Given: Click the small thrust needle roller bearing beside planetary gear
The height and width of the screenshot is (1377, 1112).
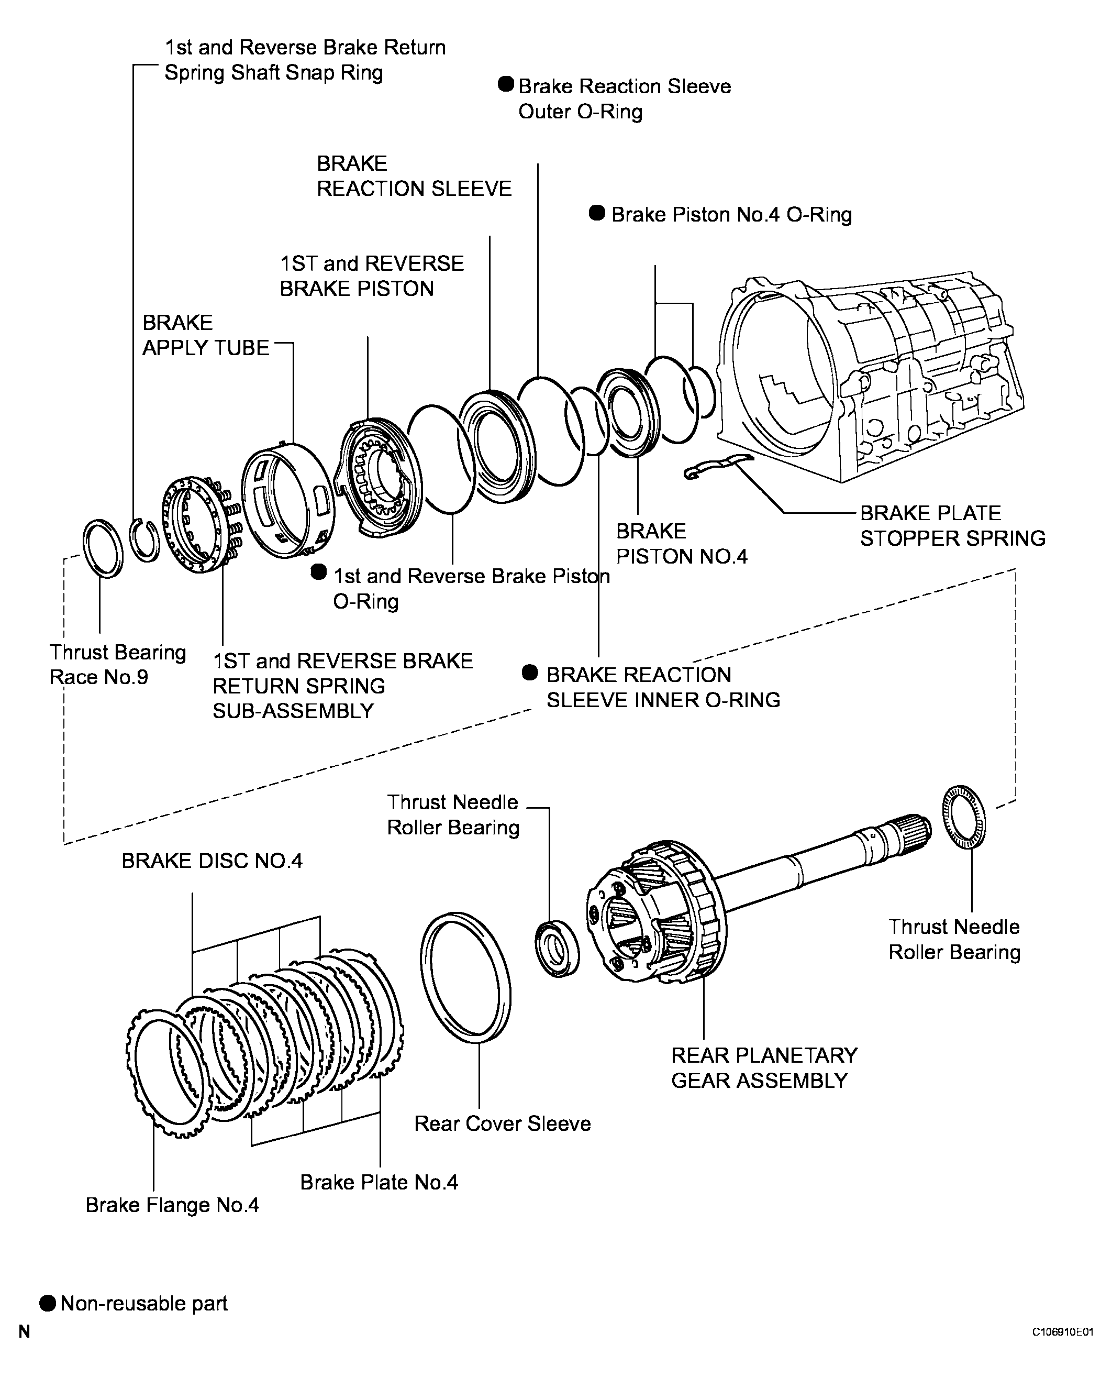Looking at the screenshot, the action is [x=556, y=949].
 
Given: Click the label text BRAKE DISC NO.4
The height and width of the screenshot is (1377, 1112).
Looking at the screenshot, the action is [x=212, y=861].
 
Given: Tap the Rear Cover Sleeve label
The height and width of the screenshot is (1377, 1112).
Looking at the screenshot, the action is [x=502, y=1123].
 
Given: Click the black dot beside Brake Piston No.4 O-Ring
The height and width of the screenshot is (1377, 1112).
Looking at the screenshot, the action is [x=597, y=213].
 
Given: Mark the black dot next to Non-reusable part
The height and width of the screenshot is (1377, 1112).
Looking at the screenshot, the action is [x=48, y=1303].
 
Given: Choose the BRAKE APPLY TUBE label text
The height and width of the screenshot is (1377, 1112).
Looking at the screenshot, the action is [x=206, y=335].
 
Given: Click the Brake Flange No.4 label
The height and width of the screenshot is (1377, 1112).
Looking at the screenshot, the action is [x=172, y=1205].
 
